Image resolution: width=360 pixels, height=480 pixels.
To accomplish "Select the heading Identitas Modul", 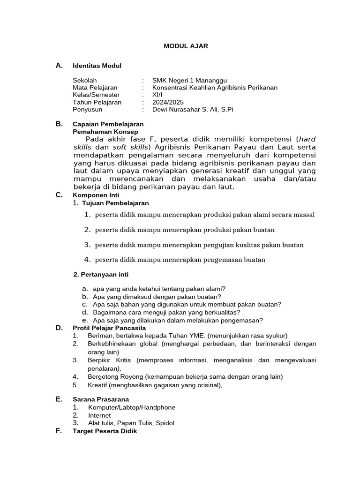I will (x=97, y=66).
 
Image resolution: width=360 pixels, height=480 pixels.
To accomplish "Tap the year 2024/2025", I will (x=168, y=102).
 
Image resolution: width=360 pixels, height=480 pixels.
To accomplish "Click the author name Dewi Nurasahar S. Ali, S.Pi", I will (x=193, y=109).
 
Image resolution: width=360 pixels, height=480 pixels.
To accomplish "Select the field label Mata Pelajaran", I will (x=95, y=88).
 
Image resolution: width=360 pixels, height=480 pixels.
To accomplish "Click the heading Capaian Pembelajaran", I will (x=108, y=124).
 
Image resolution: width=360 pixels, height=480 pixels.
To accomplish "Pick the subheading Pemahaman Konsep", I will (x=103, y=132).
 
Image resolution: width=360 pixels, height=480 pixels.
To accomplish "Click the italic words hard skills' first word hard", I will (x=307, y=139).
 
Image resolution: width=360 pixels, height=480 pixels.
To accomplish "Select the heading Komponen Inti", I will (x=96, y=195).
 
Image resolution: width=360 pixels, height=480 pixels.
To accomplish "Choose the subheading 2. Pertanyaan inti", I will (x=101, y=274).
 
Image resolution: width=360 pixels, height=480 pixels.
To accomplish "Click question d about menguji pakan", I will (x=166, y=312).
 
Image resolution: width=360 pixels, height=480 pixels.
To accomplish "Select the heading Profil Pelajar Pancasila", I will (x=109, y=328).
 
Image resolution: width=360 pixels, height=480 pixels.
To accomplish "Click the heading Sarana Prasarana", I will (x=101, y=399).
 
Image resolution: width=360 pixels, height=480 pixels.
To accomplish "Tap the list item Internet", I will (x=100, y=415).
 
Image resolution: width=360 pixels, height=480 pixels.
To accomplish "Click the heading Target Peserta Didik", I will (x=105, y=431).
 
